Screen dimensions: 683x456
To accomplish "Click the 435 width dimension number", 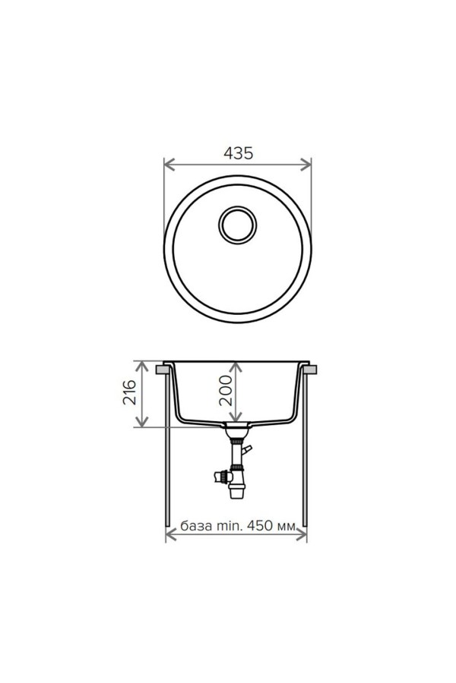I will [x=238, y=153].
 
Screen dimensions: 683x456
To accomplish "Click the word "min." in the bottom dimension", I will [x=227, y=526].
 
